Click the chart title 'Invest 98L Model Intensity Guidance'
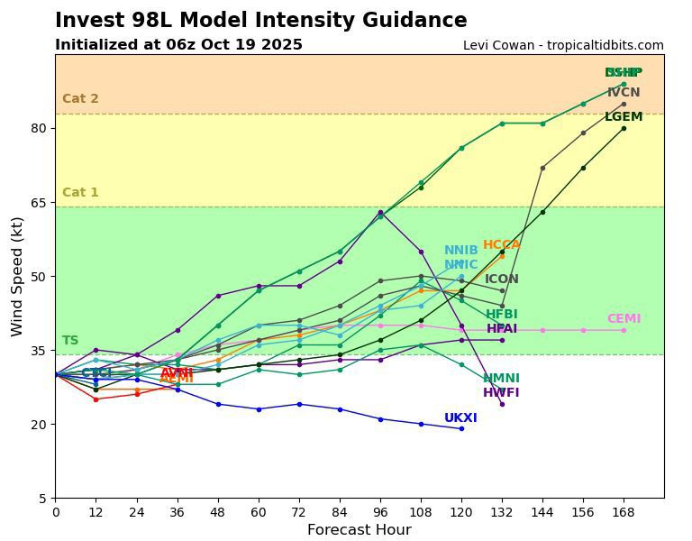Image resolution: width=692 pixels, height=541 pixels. [x=260, y=21]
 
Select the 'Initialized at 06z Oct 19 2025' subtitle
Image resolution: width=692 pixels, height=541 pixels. [x=178, y=45]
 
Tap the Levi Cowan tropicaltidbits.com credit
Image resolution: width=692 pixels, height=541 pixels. [x=563, y=45]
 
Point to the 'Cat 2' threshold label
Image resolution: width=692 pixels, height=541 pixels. [x=80, y=99]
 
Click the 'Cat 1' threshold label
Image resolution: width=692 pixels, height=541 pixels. [x=80, y=193]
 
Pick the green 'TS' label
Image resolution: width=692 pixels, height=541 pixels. [x=70, y=341]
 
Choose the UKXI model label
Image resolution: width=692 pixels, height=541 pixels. [x=460, y=418]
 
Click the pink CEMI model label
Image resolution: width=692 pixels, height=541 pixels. [x=624, y=319]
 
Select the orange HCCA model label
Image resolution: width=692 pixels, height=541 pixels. [x=501, y=245]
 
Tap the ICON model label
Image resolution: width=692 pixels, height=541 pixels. [x=502, y=280]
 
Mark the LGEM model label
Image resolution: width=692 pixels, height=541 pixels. [x=624, y=117]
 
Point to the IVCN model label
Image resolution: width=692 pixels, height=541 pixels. [x=624, y=93]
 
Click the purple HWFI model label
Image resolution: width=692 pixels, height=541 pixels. [x=501, y=393]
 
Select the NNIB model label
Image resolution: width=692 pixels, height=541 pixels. [x=460, y=251]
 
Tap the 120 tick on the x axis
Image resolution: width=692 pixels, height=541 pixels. [x=461, y=511]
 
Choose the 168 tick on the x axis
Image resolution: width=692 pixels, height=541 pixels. [x=624, y=511]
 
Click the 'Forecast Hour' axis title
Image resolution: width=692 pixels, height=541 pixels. [x=359, y=530]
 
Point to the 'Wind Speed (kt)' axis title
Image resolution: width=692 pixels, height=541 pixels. [x=17, y=276]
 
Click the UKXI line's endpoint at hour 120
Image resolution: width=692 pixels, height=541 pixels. [x=461, y=428]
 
